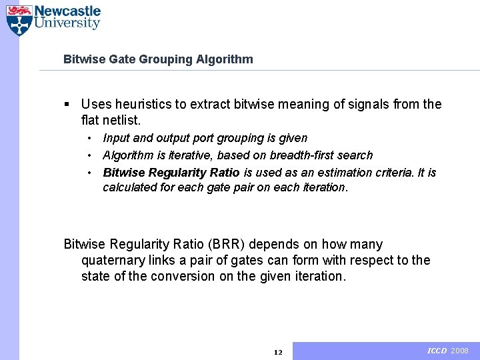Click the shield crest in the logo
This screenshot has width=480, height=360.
[19, 20]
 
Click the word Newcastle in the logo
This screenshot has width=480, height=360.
[67, 11]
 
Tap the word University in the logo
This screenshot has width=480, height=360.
[67, 24]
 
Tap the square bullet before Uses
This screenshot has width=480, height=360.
[67, 105]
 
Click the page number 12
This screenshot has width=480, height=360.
[278, 352]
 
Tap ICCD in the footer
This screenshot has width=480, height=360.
[437, 351]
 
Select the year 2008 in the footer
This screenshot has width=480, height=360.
[460, 351]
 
